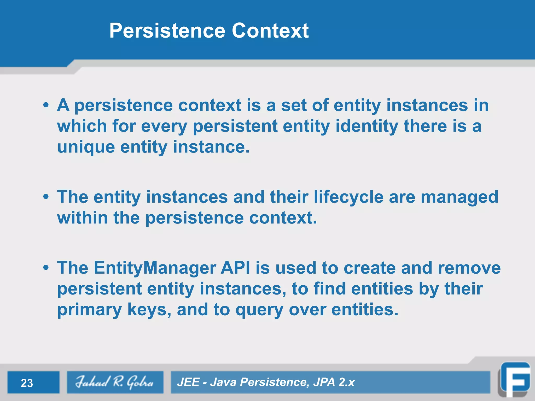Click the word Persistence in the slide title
(x=167, y=31)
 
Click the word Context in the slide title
(x=270, y=31)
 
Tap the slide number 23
(x=27, y=383)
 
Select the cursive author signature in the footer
(x=115, y=382)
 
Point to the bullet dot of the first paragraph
(x=46, y=106)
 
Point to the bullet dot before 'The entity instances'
(x=46, y=197)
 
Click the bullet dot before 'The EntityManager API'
(x=46, y=268)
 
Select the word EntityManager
(x=155, y=268)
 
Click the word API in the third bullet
(x=235, y=268)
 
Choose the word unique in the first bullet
(x=86, y=147)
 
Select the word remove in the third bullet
(x=469, y=268)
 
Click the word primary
(x=89, y=310)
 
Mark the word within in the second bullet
(x=82, y=218)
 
